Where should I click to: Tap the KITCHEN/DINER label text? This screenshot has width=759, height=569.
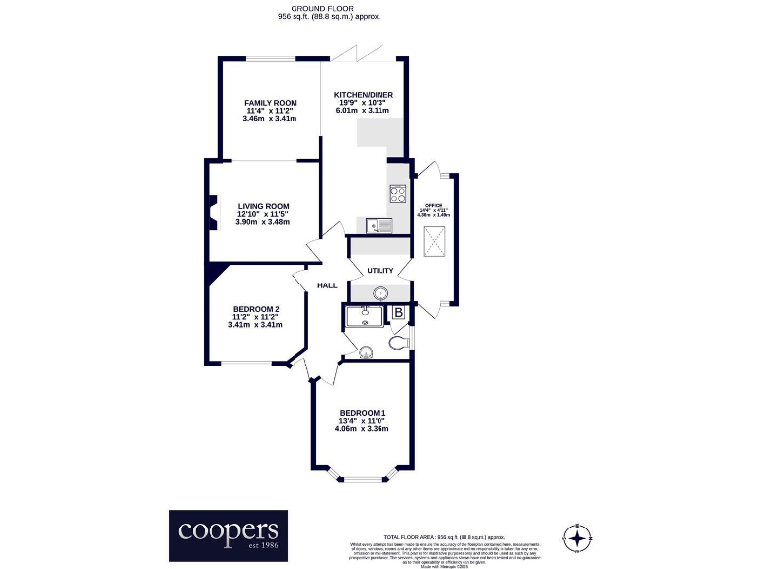pyautogui.click(x=362, y=94)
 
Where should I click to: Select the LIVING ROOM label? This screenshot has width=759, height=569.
pyautogui.click(x=263, y=206)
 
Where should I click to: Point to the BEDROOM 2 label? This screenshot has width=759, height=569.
pyautogui.click(x=255, y=309)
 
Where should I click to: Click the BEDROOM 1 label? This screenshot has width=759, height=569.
pyautogui.click(x=362, y=413)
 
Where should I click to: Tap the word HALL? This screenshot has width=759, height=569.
pyautogui.click(x=327, y=286)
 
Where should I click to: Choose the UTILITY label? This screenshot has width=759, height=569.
pyautogui.click(x=380, y=271)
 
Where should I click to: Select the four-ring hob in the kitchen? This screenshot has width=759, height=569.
pyautogui.click(x=399, y=194)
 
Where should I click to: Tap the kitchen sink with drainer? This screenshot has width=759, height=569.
pyautogui.click(x=380, y=225)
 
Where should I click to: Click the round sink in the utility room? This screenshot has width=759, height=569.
pyautogui.click(x=380, y=292)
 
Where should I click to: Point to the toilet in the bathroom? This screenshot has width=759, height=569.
pyautogui.click(x=397, y=342)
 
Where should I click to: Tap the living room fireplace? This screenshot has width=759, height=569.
pyautogui.click(x=212, y=213)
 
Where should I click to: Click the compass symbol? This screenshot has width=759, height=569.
pyautogui.click(x=576, y=538)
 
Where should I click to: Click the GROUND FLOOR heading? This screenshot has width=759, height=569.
pyautogui.click(x=329, y=10)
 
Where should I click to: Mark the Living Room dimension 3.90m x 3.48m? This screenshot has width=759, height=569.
pyautogui.click(x=263, y=222)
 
